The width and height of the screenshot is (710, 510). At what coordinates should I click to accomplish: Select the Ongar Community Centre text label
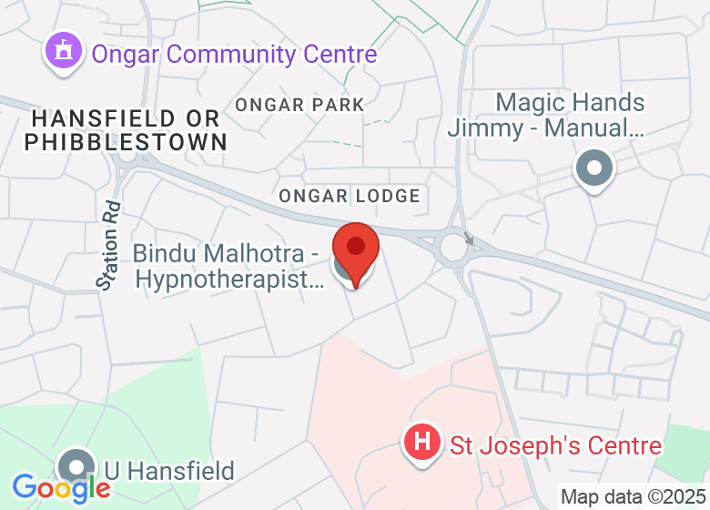[x=234, y=54]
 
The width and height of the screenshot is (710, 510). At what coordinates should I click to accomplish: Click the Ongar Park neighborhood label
[x=299, y=105]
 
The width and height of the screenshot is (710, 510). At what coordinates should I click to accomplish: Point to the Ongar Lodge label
[x=350, y=196]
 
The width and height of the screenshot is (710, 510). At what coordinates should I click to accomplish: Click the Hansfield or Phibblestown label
[x=126, y=130]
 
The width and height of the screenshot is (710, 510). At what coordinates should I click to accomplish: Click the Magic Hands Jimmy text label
[x=546, y=116]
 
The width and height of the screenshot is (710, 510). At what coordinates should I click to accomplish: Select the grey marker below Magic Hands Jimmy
[x=594, y=169]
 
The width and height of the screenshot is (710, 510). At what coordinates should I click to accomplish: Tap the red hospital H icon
[x=421, y=444]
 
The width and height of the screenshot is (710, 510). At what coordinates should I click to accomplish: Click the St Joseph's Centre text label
[x=556, y=446]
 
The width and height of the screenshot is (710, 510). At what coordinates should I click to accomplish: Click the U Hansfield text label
[x=169, y=471]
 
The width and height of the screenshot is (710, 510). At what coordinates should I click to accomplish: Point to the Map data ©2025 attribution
[x=633, y=497]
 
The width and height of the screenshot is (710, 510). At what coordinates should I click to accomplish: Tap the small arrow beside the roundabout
[x=470, y=240]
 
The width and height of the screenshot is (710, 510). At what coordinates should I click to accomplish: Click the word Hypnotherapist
[x=229, y=279]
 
